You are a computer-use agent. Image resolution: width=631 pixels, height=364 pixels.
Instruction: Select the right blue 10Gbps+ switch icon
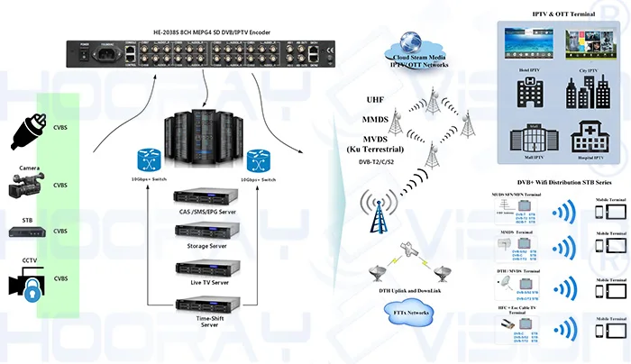click(259, 159)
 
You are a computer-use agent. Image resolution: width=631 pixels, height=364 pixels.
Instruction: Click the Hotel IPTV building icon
click(528, 95)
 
